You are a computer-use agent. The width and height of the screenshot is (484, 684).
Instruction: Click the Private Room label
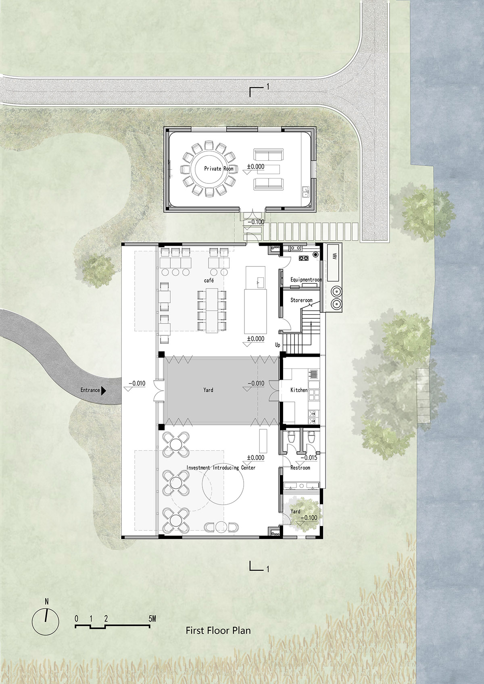tap(219, 168)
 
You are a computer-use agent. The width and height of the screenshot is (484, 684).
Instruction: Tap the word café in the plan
tap(209, 280)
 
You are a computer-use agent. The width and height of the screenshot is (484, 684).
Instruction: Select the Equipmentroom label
tap(306, 279)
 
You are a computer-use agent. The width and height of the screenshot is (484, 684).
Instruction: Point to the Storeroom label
tap(302, 300)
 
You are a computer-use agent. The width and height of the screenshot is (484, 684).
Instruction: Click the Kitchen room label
tap(299, 390)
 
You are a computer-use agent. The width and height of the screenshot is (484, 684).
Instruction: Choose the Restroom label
tap(300, 468)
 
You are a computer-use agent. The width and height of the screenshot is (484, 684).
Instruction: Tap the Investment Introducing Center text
tap(221, 468)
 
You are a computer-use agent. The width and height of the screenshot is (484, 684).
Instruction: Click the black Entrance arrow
tap(104, 390)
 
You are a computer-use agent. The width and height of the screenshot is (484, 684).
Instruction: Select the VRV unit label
tap(334, 256)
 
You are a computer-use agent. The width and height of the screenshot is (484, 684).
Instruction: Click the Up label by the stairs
tap(277, 345)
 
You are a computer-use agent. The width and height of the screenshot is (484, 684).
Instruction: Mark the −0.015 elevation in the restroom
tap(309, 458)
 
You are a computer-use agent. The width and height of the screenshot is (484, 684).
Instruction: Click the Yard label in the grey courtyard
tap(208, 390)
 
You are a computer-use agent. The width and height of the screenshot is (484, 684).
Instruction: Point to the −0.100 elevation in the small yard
tap(309, 518)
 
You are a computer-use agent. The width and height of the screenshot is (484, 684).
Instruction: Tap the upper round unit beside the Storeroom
tap(337, 291)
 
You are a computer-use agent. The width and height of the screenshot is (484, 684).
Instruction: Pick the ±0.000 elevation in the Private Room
tap(256, 167)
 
